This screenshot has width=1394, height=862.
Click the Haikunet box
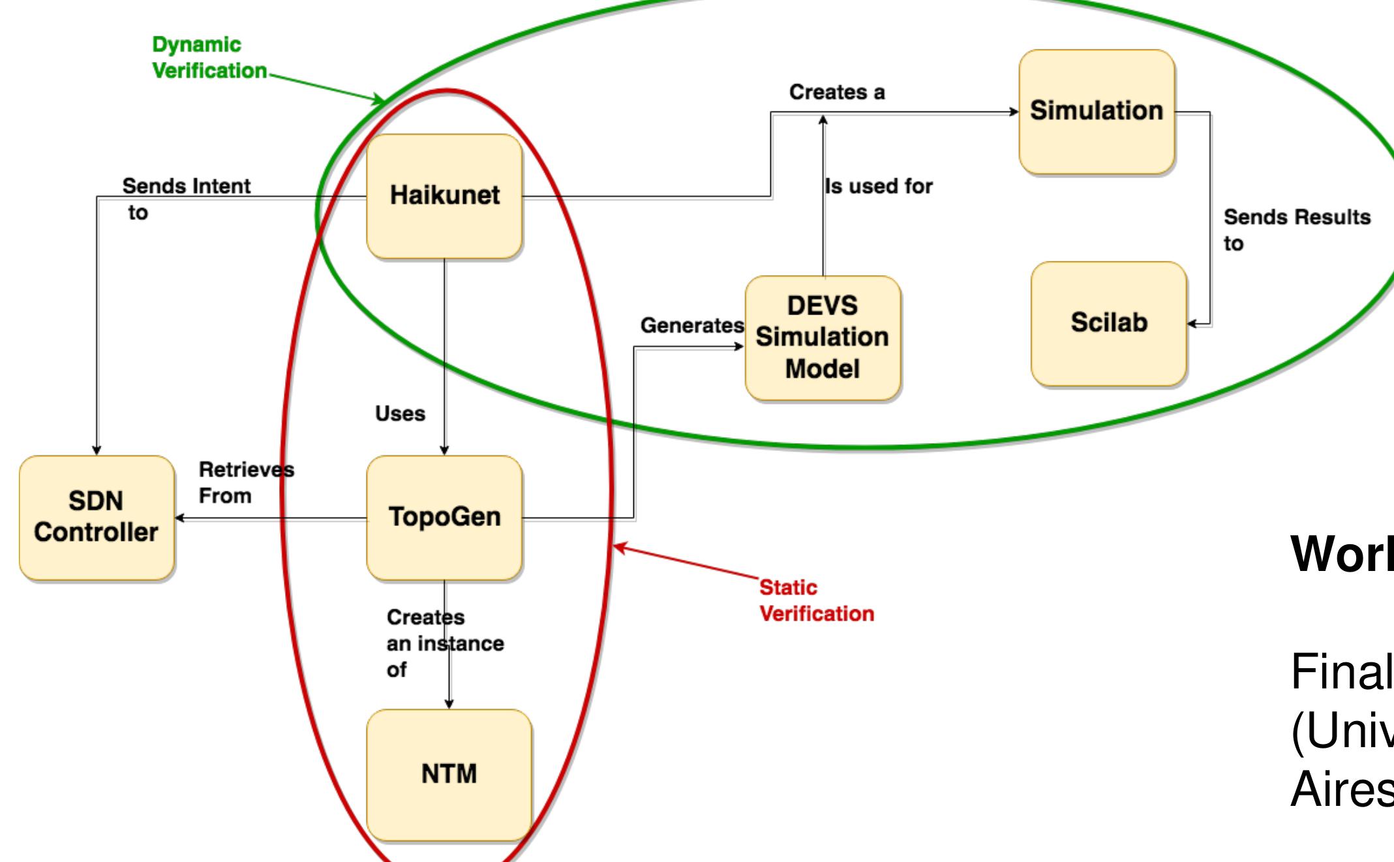click(x=444, y=196)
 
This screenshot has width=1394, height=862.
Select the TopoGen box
click(x=444, y=517)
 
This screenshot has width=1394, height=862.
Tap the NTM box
click(x=449, y=775)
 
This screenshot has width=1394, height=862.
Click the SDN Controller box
click(x=97, y=517)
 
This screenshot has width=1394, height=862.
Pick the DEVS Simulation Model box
click(x=823, y=337)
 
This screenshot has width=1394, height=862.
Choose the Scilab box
click(x=1108, y=323)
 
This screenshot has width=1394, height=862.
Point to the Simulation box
click(x=1097, y=111)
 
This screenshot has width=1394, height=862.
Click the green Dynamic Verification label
click(x=209, y=57)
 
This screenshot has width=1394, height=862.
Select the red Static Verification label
click(x=816, y=600)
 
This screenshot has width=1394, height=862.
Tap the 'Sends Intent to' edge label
click(x=186, y=198)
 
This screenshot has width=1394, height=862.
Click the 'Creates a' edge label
click(x=837, y=93)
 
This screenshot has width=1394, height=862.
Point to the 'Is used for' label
click(x=879, y=187)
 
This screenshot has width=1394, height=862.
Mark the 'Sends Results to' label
click(x=1296, y=229)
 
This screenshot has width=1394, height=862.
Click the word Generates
click(x=691, y=325)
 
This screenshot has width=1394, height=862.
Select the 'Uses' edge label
click(x=400, y=414)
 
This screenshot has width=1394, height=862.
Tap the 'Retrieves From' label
click(x=245, y=482)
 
